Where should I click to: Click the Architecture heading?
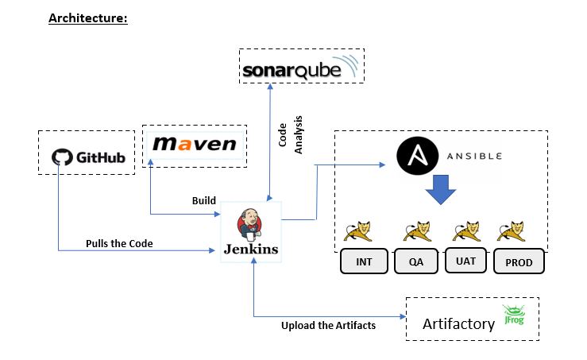(x=88, y=18)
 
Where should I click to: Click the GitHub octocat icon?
(x=62, y=157)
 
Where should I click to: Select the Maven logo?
(x=195, y=144)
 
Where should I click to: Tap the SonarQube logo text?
(x=292, y=71)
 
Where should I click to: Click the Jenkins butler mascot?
(x=249, y=225)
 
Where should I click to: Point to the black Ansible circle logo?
(x=418, y=156)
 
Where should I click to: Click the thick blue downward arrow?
(x=441, y=190)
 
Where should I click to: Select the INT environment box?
(x=364, y=261)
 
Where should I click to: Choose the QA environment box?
(x=416, y=261)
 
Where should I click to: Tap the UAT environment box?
(x=465, y=261)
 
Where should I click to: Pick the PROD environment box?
(x=519, y=261)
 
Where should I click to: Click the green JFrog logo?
(x=514, y=314)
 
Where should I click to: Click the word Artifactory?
(x=458, y=323)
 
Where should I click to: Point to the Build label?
(x=204, y=201)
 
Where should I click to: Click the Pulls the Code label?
(x=119, y=243)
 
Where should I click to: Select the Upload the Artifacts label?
(x=328, y=326)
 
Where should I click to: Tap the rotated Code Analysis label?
(x=291, y=135)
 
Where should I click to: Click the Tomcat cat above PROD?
(x=512, y=231)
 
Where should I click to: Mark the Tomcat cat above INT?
(x=358, y=231)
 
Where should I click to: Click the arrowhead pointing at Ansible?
(x=382, y=165)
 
